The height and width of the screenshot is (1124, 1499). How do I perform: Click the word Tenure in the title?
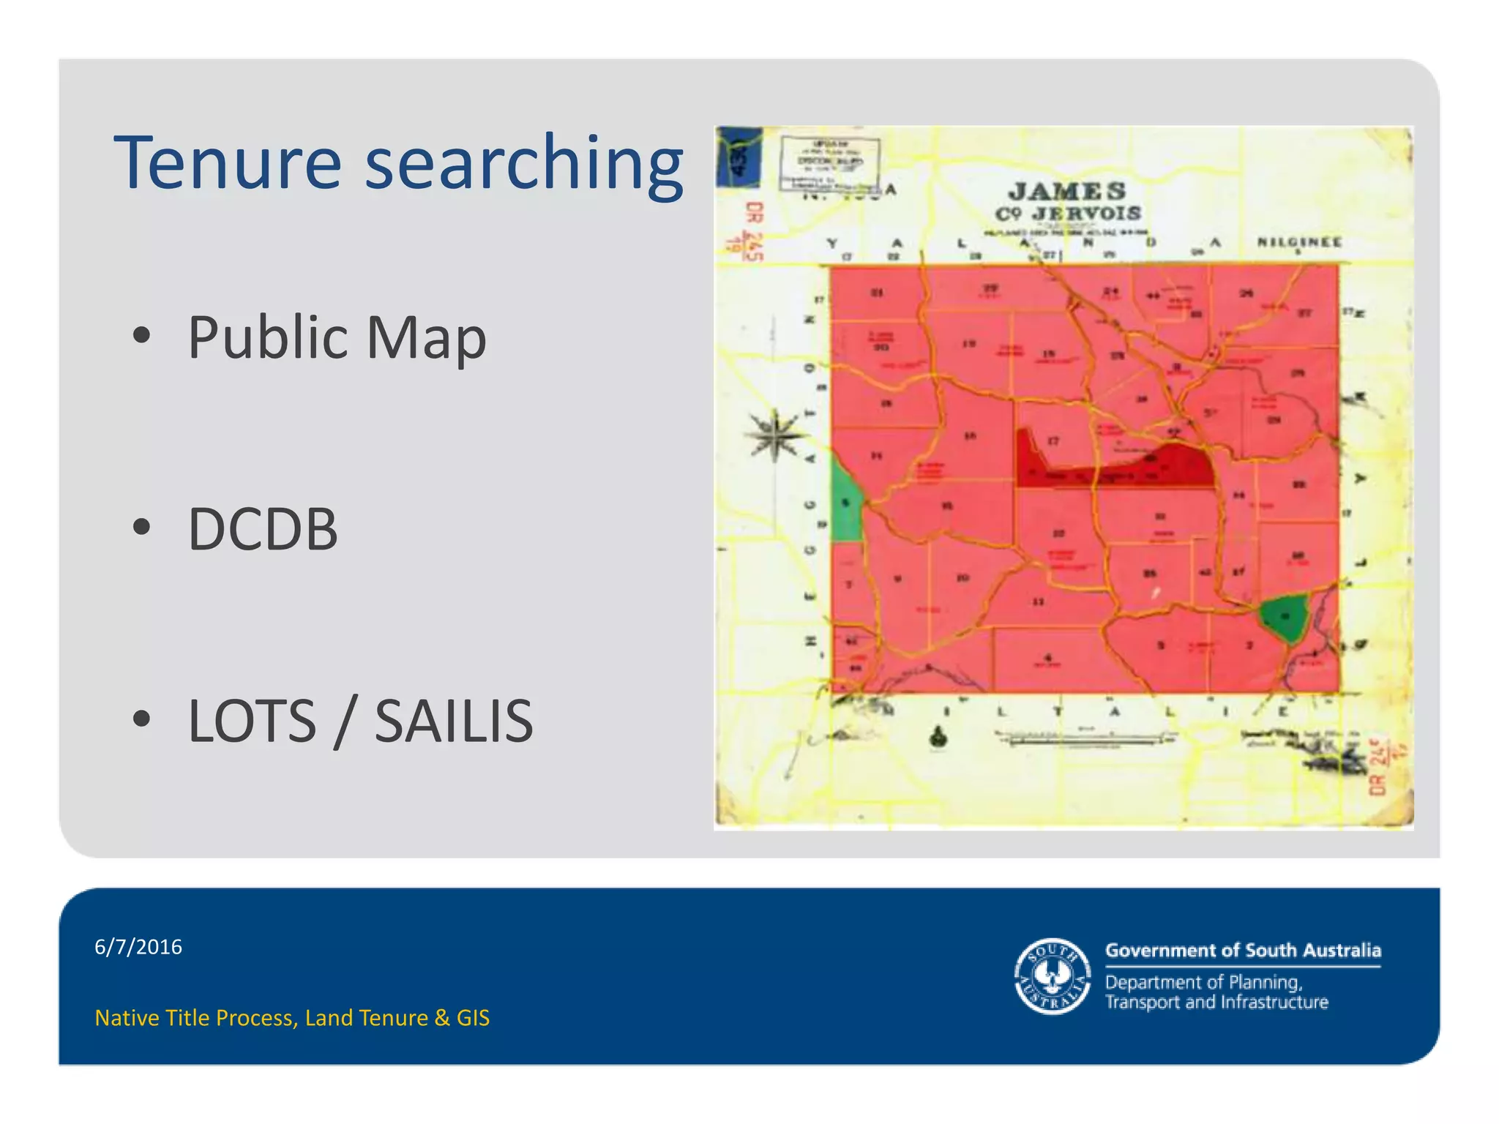pyautogui.click(x=228, y=162)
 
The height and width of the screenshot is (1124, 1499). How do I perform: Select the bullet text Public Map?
pyautogui.click(x=337, y=337)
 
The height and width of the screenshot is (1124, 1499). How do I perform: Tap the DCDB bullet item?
pyautogui.click(x=263, y=528)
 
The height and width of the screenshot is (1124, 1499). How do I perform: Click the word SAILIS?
pyautogui.click(x=454, y=721)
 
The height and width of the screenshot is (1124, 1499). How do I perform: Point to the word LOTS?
pyautogui.click(x=252, y=721)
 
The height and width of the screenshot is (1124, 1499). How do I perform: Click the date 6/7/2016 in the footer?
pyautogui.click(x=138, y=947)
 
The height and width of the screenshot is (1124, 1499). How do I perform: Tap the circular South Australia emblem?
pyautogui.click(x=1053, y=976)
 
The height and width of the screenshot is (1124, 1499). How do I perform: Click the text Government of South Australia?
pyautogui.click(x=1243, y=951)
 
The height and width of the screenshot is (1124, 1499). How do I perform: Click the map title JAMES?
pyautogui.click(x=1067, y=192)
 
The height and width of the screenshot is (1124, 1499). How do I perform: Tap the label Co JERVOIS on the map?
pyautogui.click(x=1067, y=214)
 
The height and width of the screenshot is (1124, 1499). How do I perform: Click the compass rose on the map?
pyautogui.click(x=774, y=437)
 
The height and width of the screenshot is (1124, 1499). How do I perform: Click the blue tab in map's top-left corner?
pyautogui.click(x=739, y=155)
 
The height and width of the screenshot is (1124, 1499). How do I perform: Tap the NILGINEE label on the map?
pyautogui.click(x=1299, y=242)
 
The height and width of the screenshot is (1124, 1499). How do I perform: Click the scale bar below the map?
pyautogui.click(x=1083, y=741)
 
